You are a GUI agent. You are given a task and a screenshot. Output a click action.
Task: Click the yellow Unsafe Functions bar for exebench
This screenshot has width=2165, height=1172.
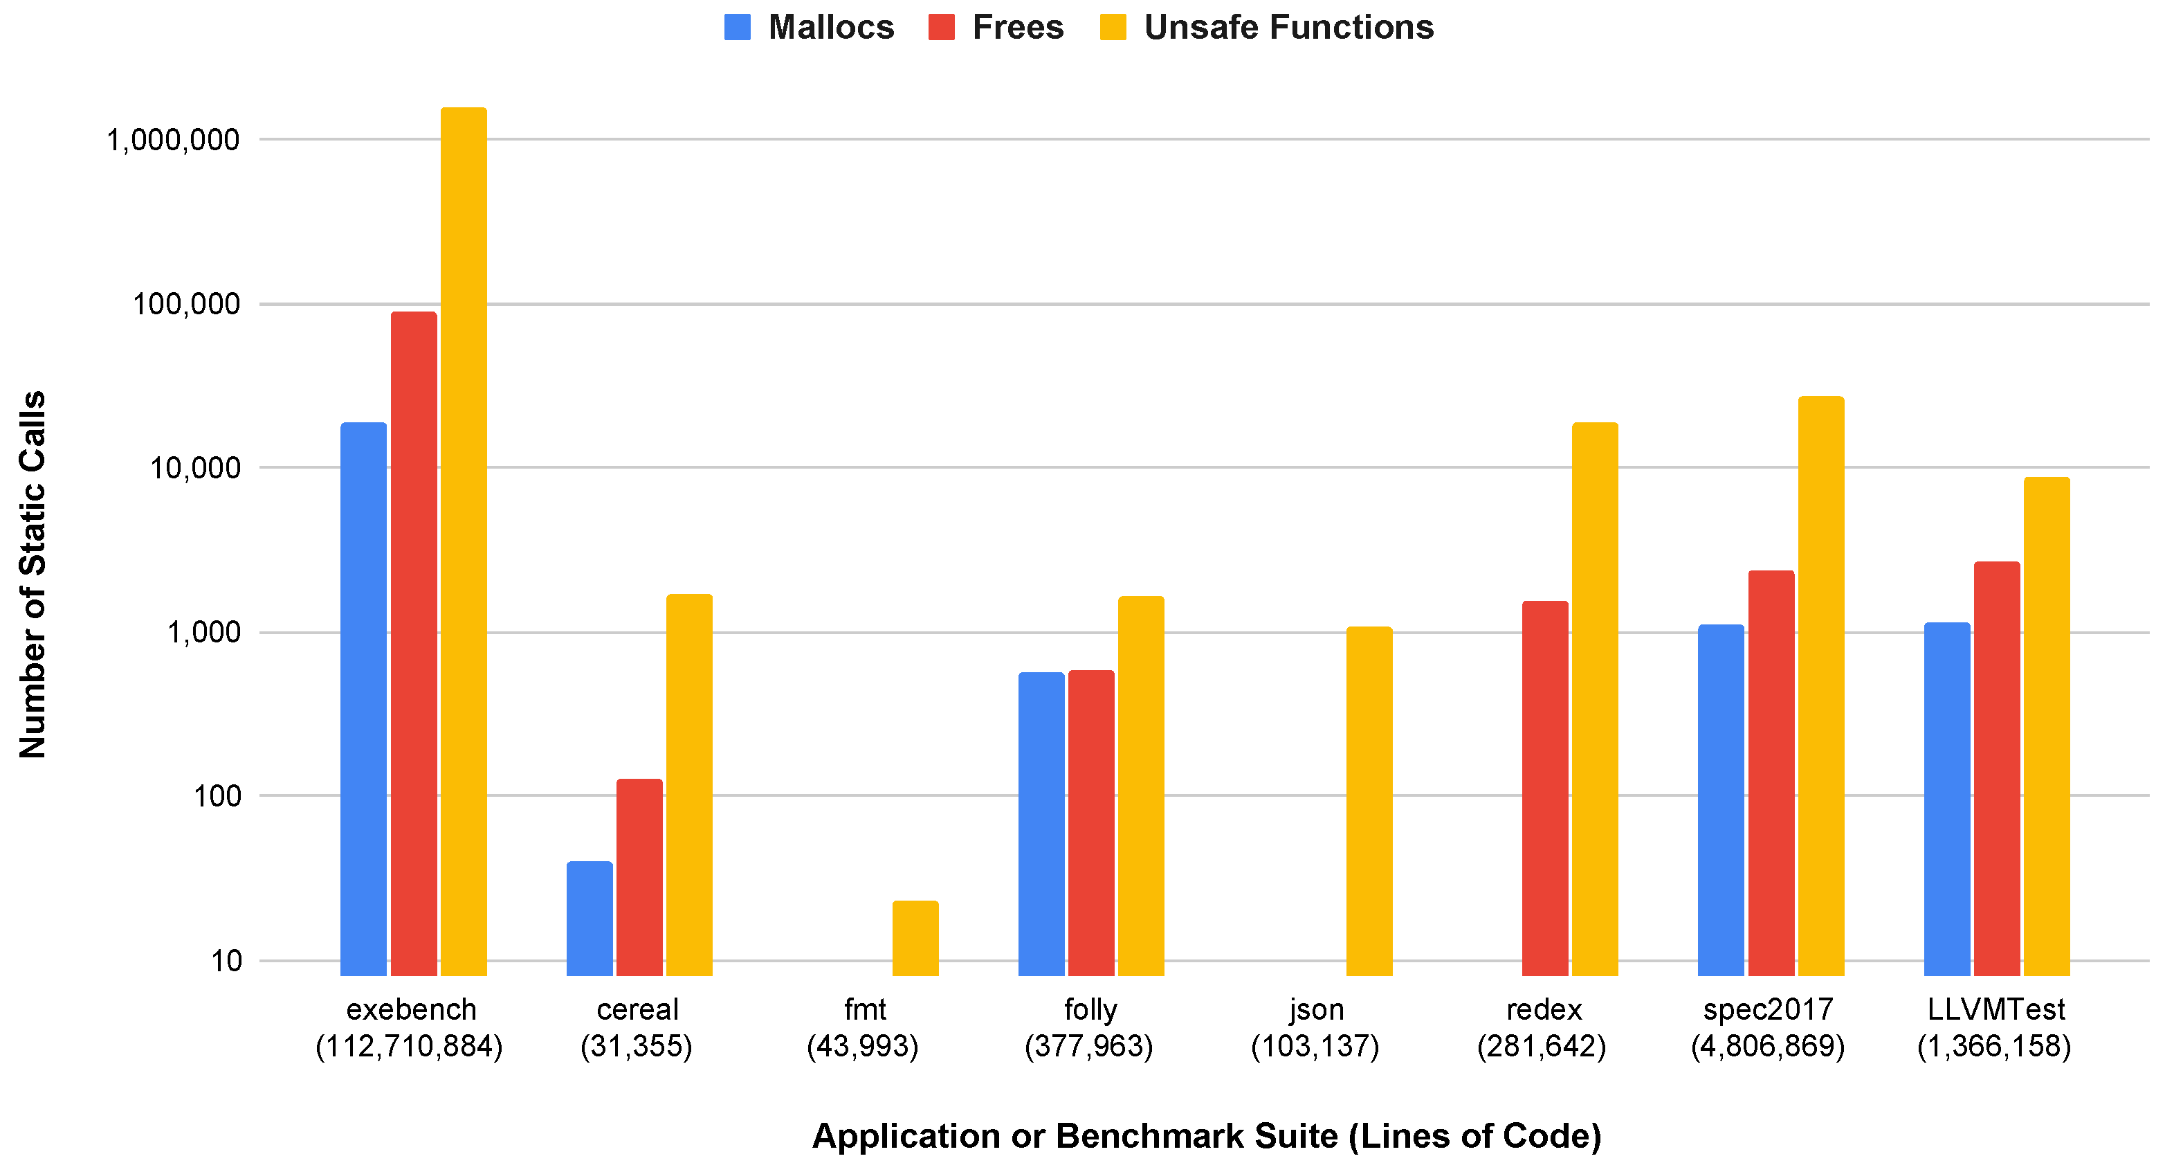tap(463, 541)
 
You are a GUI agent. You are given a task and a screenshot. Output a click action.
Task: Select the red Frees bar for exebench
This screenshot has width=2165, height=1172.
tap(414, 643)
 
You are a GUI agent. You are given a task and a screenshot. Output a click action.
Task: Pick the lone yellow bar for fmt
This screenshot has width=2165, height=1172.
tap(915, 938)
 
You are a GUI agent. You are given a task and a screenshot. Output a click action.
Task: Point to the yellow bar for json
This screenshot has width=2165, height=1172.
tap(1369, 800)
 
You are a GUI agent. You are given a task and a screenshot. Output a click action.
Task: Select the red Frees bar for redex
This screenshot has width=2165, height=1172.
tap(1545, 788)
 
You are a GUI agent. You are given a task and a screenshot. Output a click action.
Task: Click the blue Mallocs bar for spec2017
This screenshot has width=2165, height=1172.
tap(1720, 800)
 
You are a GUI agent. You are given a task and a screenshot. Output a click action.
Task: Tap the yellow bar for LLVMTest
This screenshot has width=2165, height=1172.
tap(2047, 726)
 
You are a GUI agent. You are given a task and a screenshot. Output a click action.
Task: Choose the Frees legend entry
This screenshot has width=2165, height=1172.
tap(997, 27)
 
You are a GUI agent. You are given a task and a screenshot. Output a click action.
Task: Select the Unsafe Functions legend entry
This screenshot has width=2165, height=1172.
tap(1268, 27)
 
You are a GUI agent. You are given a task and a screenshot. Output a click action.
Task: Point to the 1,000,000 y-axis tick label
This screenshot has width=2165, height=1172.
tap(173, 140)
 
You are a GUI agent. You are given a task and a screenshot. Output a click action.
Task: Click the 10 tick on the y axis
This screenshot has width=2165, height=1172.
tap(226, 960)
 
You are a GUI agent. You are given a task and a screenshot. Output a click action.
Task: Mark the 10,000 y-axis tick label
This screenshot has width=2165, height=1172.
tap(195, 468)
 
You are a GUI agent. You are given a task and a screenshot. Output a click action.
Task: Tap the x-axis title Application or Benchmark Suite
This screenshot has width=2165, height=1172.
tap(1206, 1136)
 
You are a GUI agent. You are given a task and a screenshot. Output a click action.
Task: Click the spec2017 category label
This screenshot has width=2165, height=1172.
tap(1767, 1009)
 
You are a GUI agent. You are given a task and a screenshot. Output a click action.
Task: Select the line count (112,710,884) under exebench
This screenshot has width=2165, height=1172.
tap(410, 1047)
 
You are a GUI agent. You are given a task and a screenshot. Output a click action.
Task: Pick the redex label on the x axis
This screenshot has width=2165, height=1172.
tap(1544, 1009)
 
